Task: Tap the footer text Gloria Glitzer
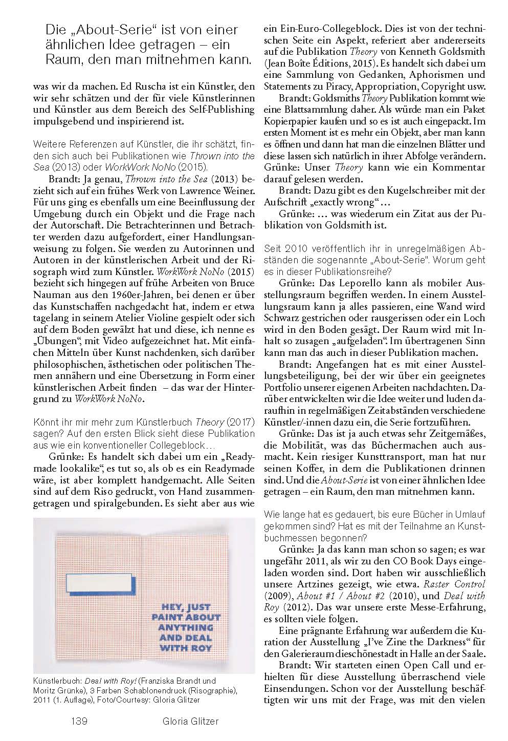point(188,721)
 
